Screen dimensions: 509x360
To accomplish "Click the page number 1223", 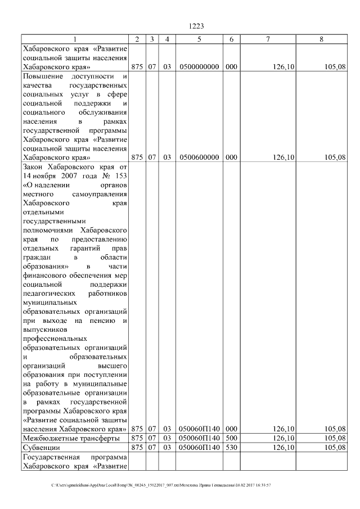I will tap(196, 26).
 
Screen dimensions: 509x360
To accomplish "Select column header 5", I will tap(199, 39).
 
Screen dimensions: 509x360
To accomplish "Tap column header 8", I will tap(321, 39).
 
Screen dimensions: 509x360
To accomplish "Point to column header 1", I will tap(74, 39).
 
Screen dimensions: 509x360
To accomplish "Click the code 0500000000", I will tap(199, 67).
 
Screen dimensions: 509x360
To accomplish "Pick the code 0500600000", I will tap(199, 157).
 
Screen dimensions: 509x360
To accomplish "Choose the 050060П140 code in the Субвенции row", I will tap(199, 448).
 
